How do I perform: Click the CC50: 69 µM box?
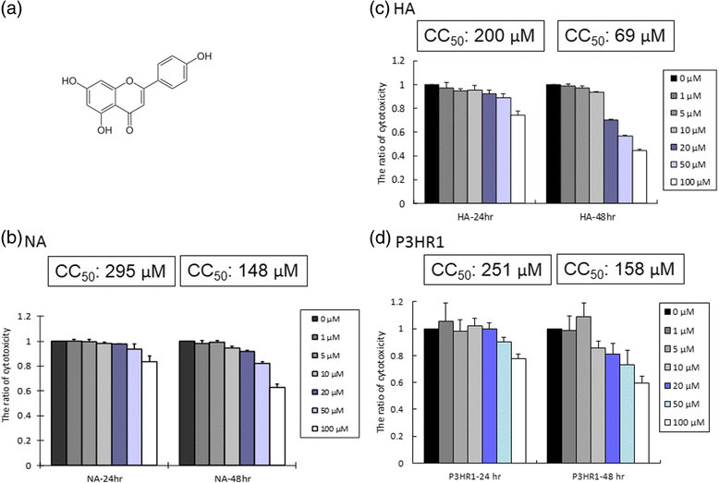(615, 35)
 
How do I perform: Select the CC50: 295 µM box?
(112, 271)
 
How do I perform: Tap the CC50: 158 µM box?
(619, 269)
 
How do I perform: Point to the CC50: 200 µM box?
(480, 35)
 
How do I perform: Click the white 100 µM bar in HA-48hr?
(640, 176)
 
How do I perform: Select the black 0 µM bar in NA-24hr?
(59, 404)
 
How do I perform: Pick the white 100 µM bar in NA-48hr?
(277, 427)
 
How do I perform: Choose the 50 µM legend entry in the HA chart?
(686, 164)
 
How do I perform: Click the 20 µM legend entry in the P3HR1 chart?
(681, 386)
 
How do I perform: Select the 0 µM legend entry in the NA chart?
(325, 319)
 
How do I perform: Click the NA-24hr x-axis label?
(104, 478)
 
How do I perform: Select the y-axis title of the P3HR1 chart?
(381, 381)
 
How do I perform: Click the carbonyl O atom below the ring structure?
(129, 130)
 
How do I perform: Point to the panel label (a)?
(10, 11)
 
